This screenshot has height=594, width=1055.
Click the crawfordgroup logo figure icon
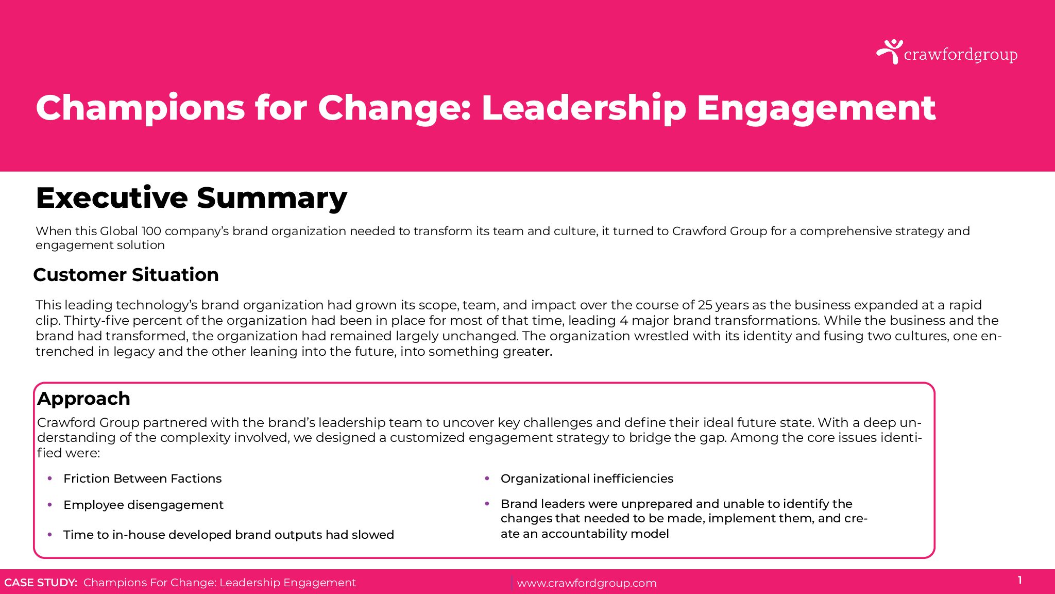click(890, 52)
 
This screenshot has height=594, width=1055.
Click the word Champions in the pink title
click(140, 109)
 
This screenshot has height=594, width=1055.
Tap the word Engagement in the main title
click(816, 109)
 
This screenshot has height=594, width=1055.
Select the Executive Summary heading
click(192, 198)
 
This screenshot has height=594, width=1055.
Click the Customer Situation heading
click(126, 275)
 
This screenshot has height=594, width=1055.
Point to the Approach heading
click(83, 399)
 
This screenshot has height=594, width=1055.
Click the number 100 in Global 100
click(151, 231)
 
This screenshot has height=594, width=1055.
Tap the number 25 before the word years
click(705, 305)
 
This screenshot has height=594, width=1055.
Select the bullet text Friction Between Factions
click(143, 478)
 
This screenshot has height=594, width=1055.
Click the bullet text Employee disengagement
click(144, 505)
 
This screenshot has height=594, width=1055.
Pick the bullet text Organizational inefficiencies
click(587, 478)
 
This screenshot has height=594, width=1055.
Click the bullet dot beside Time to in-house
click(49, 535)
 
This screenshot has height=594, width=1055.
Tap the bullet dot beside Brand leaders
click(487, 504)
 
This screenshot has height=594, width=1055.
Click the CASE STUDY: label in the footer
click(41, 583)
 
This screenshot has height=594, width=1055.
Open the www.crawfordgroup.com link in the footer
click(587, 583)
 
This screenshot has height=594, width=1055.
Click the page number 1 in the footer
click(1020, 580)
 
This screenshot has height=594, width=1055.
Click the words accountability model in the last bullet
click(605, 534)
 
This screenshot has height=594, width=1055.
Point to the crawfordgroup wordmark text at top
click(961, 55)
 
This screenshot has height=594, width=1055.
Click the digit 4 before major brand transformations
click(624, 320)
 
